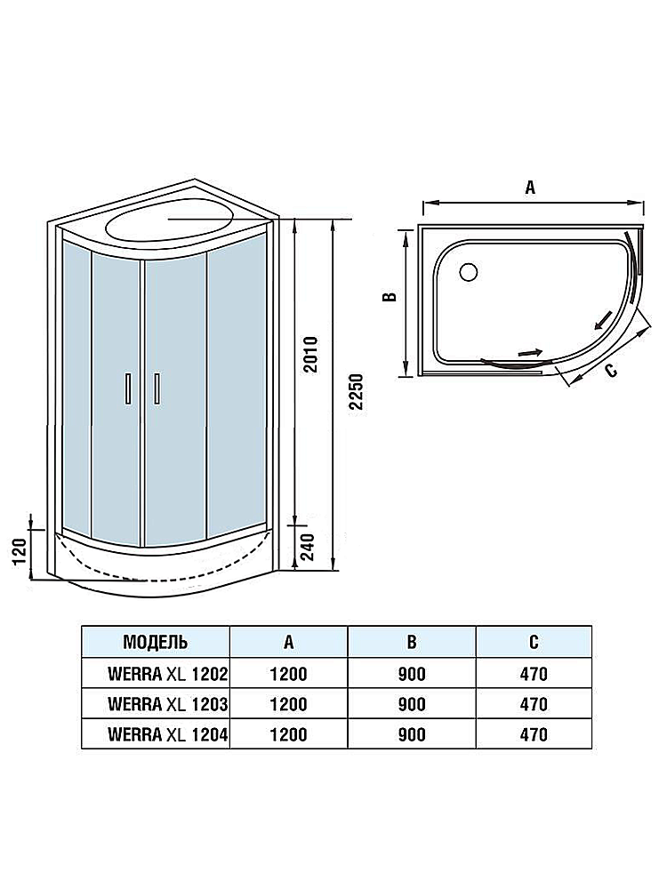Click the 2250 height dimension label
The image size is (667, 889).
pos(357,392)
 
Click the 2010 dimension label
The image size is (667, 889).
pos(310,355)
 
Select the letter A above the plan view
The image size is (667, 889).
pos(530,188)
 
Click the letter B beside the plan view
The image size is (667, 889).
pos(389,299)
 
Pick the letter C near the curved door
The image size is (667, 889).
pos(611,371)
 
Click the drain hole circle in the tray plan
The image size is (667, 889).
pos(468,270)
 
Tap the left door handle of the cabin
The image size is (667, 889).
pos(129,388)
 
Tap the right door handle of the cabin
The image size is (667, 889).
pos(157,388)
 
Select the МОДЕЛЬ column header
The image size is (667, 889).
pos(155,641)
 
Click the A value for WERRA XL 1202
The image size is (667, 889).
pos(287,674)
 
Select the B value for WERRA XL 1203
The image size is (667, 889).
pos(411,704)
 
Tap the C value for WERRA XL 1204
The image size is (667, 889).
pos(533,734)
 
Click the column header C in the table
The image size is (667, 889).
pos(533,641)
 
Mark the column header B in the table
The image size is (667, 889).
pos(411,641)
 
